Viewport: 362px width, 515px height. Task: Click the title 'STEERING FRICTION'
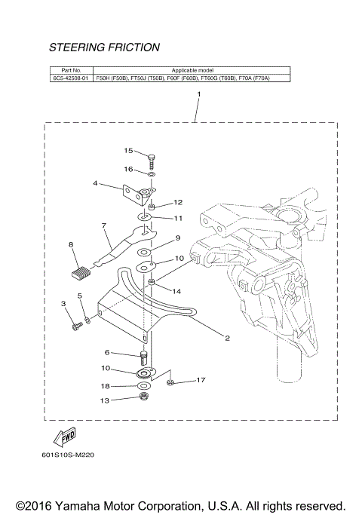click(x=104, y=48)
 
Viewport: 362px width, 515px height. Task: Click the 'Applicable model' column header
click(x=193, y=69)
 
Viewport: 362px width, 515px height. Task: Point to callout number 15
click(x=128, y=150)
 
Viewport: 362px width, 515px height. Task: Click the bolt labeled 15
click(x=152, y=159)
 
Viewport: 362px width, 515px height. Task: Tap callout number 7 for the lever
click(x=103, y=225)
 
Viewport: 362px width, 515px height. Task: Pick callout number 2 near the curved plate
click(x=227, y=339)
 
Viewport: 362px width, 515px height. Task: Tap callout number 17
click(x=201, y=380)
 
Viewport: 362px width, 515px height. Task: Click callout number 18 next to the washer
click(x=106, y=385)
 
